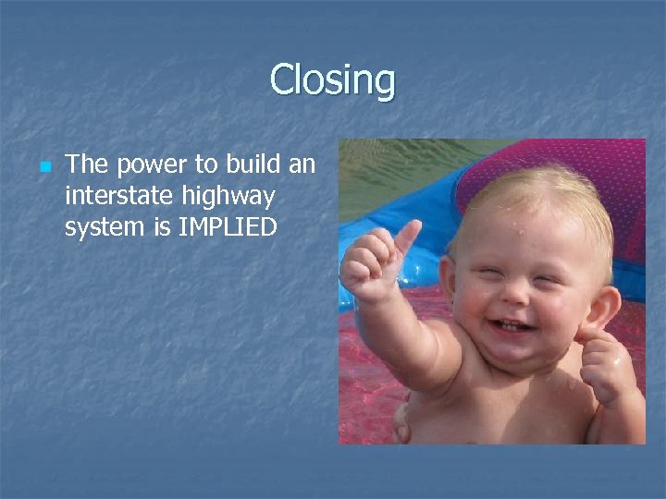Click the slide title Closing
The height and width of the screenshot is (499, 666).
click(x=332, y=80)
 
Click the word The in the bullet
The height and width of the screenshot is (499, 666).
click(x=86, y=165)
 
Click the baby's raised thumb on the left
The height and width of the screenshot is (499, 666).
click(x=404, y=237)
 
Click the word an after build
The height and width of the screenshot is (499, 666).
click(x=302, y=165)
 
